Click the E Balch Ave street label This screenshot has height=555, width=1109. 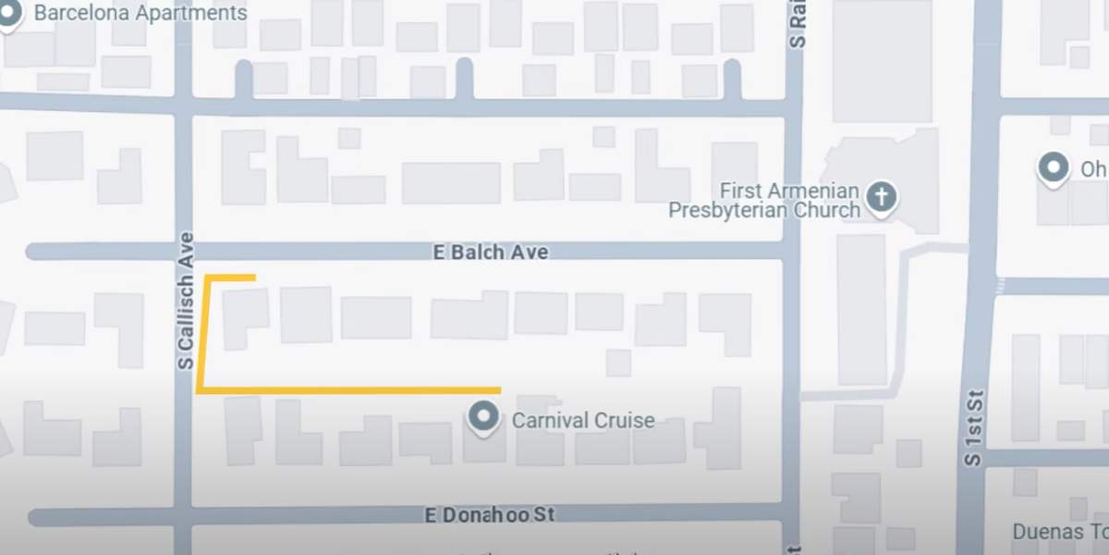point(491,252)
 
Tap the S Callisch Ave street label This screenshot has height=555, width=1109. point(187,301)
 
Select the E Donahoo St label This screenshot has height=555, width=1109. point(490,514)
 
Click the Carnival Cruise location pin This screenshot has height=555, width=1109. point(483,418)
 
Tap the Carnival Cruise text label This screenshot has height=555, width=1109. point(582,421)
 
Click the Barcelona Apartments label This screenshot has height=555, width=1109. point(140,13)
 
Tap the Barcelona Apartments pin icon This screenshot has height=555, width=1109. point(9,15)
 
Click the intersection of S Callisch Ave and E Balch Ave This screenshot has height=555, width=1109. point(183,252)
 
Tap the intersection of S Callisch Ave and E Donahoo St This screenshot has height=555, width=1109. point(183,515)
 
